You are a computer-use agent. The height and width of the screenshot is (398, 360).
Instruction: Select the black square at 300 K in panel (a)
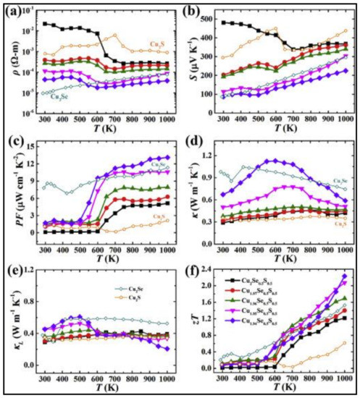click(x=46, y=24)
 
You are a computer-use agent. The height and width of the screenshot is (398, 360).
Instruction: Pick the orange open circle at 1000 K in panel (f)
click(x=343, y=343)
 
